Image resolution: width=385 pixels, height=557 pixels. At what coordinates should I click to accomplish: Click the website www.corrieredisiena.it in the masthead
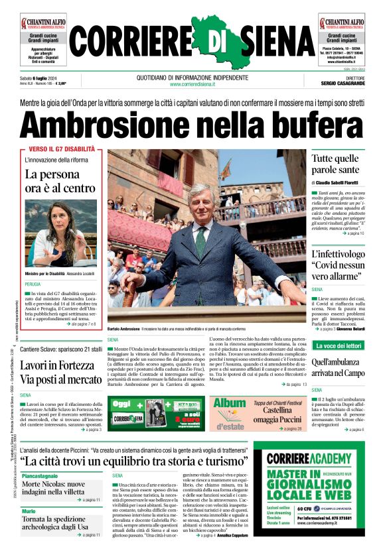click(193, 84)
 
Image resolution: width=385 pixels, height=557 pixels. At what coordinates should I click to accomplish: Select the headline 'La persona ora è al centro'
click(60, 181)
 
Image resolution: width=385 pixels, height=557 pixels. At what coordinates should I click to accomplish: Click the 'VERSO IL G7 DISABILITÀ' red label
click(62, 149)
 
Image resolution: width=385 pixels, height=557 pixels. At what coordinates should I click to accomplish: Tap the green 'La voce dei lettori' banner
click(338, 345)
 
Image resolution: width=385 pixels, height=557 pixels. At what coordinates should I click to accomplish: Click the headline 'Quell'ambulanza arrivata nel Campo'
click(338, 367)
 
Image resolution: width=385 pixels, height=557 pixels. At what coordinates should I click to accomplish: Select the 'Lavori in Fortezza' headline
click(61, 372)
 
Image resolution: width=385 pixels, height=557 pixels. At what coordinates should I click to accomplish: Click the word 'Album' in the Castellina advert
click(229, 402)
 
